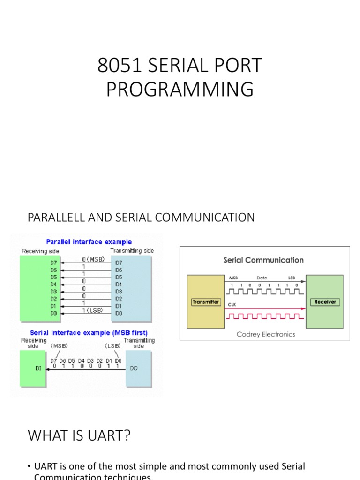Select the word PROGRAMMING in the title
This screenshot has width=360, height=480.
180,90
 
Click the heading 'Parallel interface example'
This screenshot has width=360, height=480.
89,242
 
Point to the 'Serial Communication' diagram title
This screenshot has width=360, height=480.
263,260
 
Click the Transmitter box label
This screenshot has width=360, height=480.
206,302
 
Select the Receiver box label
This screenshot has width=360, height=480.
325,302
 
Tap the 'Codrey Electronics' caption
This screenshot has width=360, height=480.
266,334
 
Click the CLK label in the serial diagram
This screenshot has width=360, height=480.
231,304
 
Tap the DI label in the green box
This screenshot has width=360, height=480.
38,368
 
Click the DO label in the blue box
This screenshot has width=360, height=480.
134,368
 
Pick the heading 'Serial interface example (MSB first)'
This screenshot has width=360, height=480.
89,333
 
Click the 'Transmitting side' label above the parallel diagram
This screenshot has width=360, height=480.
132,251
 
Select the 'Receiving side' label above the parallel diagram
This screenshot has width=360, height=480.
41,251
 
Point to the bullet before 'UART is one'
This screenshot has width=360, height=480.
29,467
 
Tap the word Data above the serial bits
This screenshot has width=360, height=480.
262,278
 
